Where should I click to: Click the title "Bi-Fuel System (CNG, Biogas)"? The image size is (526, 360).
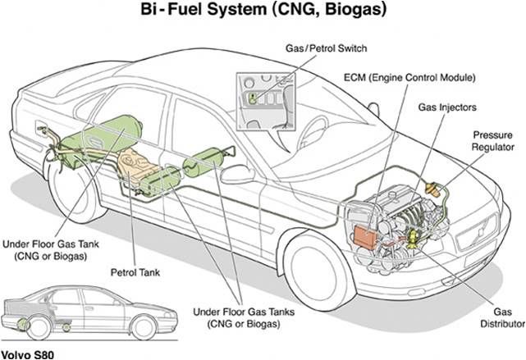(263, 12)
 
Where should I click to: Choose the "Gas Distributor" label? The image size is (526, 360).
(496, 317)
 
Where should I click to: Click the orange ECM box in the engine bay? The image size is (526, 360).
(365, 235)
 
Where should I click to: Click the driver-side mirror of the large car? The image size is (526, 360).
(237, 174)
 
